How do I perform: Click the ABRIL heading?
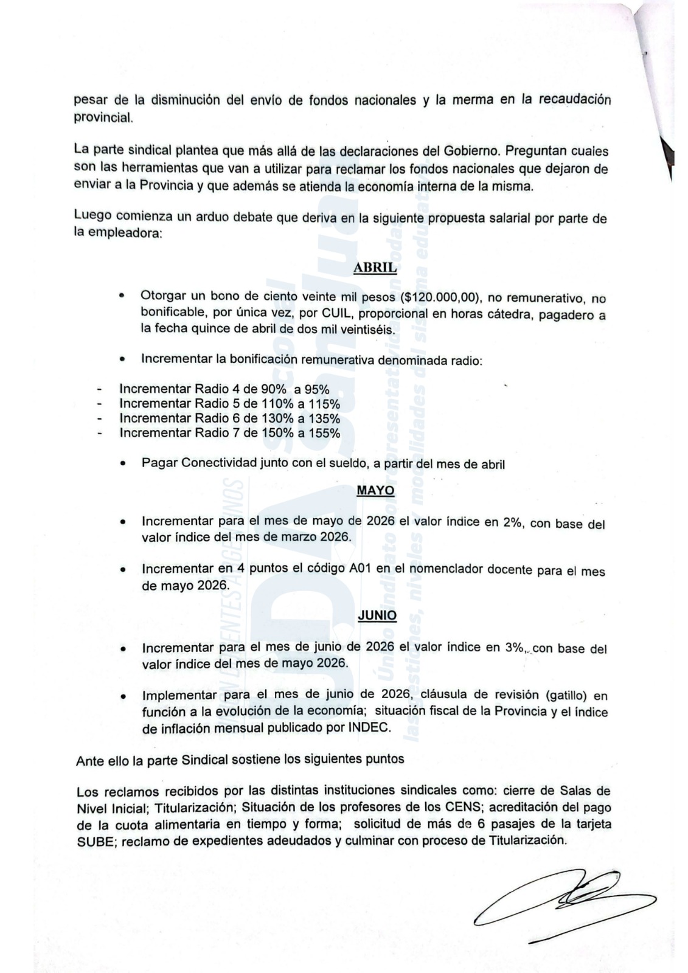click(375, 268)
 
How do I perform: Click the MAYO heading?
click(375, 490)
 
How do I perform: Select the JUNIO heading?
click(377, 615)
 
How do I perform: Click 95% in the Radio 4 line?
click(316, 389)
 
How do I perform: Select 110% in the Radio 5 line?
click(275, 404)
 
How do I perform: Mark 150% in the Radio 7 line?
click(275, 433)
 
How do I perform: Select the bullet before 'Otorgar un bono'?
click(122, 297)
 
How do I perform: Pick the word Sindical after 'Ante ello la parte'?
click(221, 760)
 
